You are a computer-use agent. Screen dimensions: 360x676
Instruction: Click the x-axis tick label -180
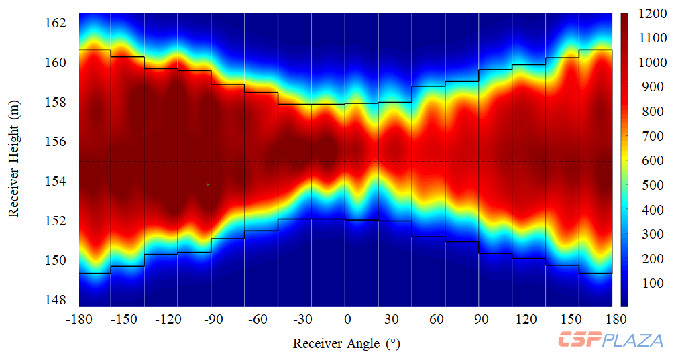coord(79,320)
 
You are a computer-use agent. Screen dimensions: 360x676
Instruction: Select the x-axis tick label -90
coord(213,320)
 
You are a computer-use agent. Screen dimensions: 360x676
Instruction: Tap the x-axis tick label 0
coord(347,320)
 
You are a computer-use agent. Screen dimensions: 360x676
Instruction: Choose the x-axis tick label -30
coord(302,320)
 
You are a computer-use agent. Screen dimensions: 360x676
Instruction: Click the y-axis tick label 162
coord(55,23)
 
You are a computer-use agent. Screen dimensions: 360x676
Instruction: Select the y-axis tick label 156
coord(55,142)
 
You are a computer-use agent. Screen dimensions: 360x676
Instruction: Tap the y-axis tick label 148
coord(55,300)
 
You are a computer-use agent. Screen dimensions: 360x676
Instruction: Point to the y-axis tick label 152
coord(55,221)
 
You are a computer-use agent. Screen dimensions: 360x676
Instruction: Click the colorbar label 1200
coord(651,14)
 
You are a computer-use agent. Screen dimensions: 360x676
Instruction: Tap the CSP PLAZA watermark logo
coord(610,340)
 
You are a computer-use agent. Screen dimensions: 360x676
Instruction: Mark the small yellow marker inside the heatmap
coord(208,184)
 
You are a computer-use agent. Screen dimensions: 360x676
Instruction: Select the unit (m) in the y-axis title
coord(14,112)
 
